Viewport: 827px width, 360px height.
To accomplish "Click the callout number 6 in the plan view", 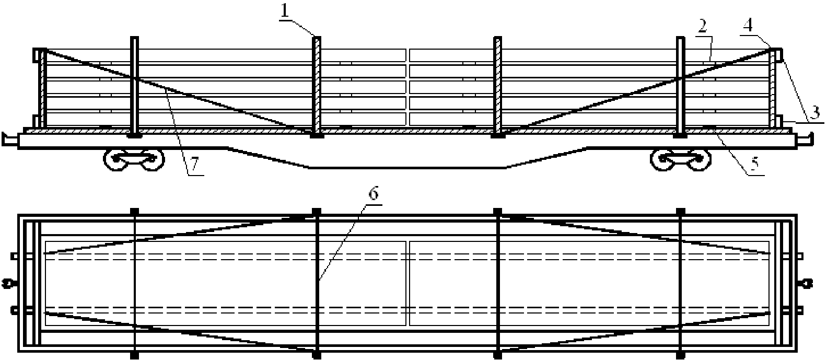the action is click(x=372, y=194).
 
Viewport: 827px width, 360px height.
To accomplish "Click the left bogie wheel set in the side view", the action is click(x=134, y=160).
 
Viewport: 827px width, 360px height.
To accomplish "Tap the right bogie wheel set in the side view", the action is click(x=680, y=160).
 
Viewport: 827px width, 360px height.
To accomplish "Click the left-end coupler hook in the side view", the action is click(x=9, y=138).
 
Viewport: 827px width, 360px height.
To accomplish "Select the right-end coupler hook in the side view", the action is click(x=806, y=138).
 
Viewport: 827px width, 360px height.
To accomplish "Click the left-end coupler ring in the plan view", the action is click(x=8, y=284).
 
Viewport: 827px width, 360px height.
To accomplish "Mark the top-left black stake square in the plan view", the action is click(x=135, y=211).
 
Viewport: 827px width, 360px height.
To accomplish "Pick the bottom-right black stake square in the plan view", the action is click(x=680, y=355).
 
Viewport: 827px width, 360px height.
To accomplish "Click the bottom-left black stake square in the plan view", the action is click(x=135, y=355).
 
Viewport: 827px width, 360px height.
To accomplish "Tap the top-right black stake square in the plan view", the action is click(x=680, y=211).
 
